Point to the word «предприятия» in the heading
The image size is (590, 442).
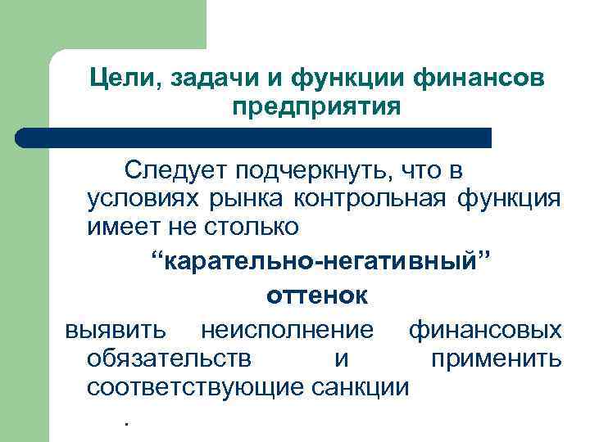(x=316, y=107)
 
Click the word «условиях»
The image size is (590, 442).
(x=143, y=199)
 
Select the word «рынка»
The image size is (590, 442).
(x=238, y=201)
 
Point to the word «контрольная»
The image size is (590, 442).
(x=363, y=199)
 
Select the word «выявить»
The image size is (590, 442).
(x=116, y=330)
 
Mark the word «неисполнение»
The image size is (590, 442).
(x=287, y=330)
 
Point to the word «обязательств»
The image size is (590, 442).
(x=169, y=359)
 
